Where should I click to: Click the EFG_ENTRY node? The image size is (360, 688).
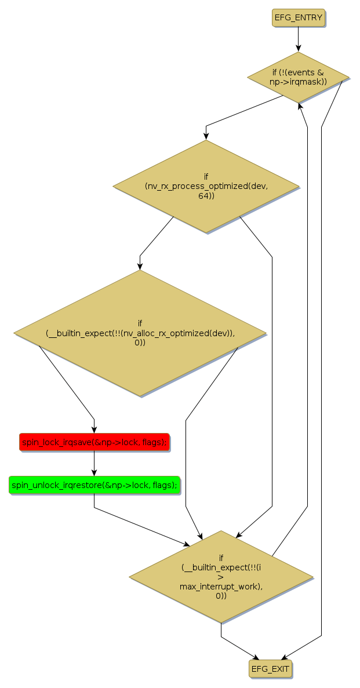[x=298, y=17]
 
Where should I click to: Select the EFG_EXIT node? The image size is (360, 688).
[x=270, y=668]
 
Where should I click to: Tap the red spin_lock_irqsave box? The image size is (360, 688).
[x=94, y=442]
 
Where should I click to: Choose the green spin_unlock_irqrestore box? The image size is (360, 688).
[x=94, y=485]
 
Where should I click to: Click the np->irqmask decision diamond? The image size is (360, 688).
[x=298, y=77]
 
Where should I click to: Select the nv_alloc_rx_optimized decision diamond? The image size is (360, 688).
[x=140, y=333]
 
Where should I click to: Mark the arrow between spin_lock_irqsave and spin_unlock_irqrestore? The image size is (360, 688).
[x=94, y=464]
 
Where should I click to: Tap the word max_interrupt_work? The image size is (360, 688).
[x=221, y=586]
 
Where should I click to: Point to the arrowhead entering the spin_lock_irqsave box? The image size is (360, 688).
[x=94, y=429]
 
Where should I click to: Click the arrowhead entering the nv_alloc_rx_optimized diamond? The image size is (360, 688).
[x=140, y=266]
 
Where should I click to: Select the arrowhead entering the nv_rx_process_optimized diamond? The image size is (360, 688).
[x=206, y=136]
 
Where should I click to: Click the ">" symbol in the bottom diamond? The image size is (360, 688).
[x=221, y=577]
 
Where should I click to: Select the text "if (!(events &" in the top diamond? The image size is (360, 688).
[x=298, y=72]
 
